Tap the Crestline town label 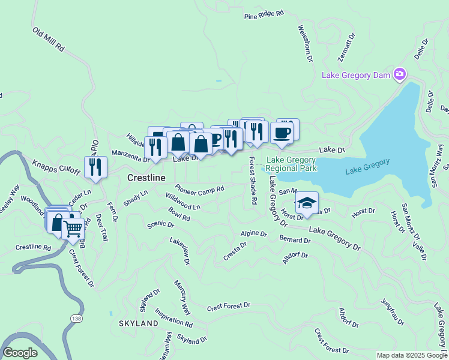tap(146, 178)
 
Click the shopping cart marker tap(73, 229)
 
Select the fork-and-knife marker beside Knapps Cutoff tap(95, 166)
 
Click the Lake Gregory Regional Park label tap(292, 164)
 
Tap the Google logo tap(20, 353)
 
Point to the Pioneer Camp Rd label tap(199, 188)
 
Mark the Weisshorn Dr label tap(305, 43)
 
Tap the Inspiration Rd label tap(173, 317)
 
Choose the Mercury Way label tap(182, 297)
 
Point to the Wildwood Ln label tap(182, 202)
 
